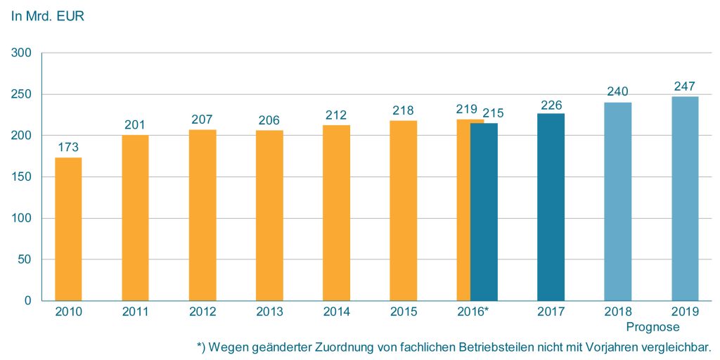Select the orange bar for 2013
coord(269,217)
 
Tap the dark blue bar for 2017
coord(551,207)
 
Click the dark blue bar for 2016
coord(484,212)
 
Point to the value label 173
coord(68,148)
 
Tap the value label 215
coord(493,112)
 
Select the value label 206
coord(269,120)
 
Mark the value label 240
coord(618,91)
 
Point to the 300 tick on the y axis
coord(22,53)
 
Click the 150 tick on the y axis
coord(22,177)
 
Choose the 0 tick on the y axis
coord(28,301)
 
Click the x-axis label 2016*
coord(475,312)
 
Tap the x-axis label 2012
coord(202,312)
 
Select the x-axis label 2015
coord(404,312)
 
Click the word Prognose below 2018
coord(653,327)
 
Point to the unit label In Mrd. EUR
coord(47,16)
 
